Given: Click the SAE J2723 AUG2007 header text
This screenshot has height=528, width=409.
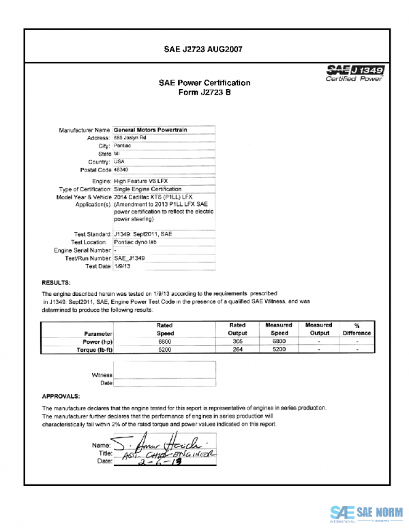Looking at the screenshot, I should pyautogui.click(x=204, y=49).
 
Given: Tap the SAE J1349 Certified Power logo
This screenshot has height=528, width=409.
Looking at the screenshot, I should pyautogui.click(x=357, y=73).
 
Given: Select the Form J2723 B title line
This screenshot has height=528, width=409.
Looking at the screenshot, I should pyautogui.click(x=204, y=93).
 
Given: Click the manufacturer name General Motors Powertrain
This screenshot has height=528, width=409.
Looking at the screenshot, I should pyautogui.click(x=151, y=129).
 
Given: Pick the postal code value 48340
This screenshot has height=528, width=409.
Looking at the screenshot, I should pyautogui.click(x=121, y=169).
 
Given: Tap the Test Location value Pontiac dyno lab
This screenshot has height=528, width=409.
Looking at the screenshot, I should pyautogui.click(x=135, y=242).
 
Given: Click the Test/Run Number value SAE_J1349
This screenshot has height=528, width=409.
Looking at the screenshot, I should pyautogui.click(x=130, y=259).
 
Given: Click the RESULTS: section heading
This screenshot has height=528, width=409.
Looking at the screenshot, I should pyautogui.click(x=57, y=282).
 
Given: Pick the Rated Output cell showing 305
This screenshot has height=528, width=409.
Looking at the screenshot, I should pyautogui.click(x=237, y=341).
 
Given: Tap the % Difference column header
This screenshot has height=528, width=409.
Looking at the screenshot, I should pyautogui.click(x=357, y=329).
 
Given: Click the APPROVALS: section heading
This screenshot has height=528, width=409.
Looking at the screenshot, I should pyautogui.click(x=61, y=395).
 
